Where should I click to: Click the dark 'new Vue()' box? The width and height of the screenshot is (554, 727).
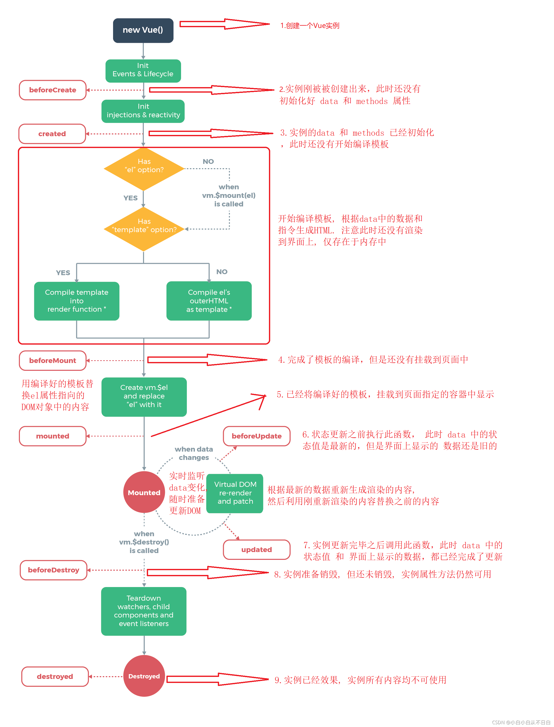pos(143,30)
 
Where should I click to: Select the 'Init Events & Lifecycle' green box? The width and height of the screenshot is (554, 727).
pos(143,70)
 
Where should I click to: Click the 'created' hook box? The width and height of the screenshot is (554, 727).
pos(52,134)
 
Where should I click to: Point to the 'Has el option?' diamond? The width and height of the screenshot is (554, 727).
pos(144,168)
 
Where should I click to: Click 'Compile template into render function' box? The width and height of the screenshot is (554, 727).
pos(77,301)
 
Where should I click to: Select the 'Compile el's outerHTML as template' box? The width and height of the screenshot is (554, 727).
pos(209,301)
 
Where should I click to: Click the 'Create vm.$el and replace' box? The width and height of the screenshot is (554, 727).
pos(144,396)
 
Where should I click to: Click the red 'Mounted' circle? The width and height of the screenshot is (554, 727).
pos(144,492)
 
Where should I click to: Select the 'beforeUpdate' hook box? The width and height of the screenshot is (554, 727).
pos(257,436)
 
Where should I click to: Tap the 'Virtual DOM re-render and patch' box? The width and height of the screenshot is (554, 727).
pos(235,493)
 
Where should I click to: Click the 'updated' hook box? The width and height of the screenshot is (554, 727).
pos(257,549)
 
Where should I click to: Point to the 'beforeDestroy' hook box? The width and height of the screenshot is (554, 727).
pos(53,570)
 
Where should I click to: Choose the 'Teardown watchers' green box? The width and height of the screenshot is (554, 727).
pos(144,611)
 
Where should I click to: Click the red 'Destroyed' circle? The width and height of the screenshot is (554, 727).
pos(144,676)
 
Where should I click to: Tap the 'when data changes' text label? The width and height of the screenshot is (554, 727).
pos(194,453)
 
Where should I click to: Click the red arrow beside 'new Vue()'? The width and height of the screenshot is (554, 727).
pos(224,24)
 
